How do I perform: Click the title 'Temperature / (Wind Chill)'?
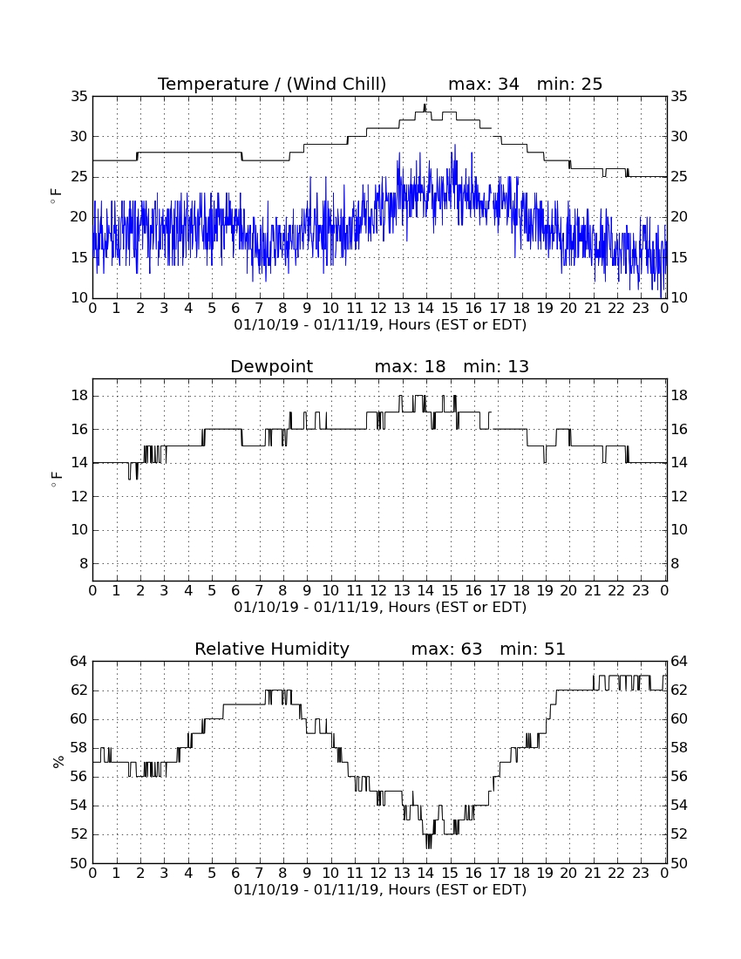pos(272,85)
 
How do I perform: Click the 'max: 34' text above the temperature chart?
pos(484,85)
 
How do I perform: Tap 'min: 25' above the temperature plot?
pos(569,85)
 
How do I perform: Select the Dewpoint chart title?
pos(271,367)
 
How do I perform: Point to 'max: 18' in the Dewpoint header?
pos(410,367)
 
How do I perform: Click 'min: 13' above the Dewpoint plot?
pos(496,367)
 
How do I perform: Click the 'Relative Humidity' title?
pos(272,650)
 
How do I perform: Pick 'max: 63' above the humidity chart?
pos(446,650)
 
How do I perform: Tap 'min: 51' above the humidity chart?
pos(533,650)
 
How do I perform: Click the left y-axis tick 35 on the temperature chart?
pos(79,97)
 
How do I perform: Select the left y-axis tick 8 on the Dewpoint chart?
pos(84,564)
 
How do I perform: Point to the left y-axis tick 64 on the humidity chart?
pos(79,662)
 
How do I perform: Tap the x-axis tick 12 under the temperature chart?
pos(378,309)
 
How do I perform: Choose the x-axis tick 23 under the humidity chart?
pos(640,874)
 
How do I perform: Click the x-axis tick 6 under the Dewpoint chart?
pos(235,591)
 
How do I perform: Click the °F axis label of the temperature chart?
pos(57,196)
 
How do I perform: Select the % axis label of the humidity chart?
pos(58,762)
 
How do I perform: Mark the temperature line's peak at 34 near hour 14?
pos(425,105)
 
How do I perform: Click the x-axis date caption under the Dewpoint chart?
pos(380,608)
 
